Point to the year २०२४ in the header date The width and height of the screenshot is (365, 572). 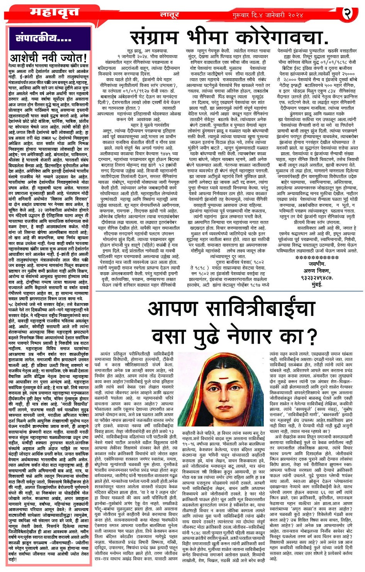pyautogui.click(x=292, y=15)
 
